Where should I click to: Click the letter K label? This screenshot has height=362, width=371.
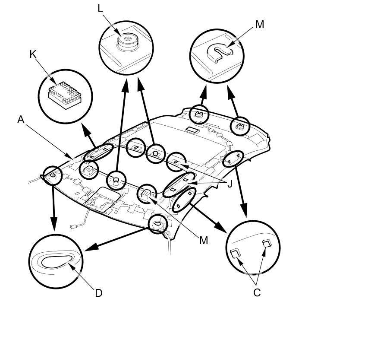point(33,54)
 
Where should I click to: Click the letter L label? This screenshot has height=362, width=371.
point(101,8)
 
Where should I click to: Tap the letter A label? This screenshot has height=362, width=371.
point(21,120)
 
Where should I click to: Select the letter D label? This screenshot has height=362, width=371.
point(98,293)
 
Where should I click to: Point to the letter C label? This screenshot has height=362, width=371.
point(257,293)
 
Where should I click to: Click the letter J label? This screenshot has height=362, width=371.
point(230,184)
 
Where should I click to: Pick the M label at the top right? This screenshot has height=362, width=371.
point(259,25)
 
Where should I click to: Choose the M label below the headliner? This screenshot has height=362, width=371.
point(204,240)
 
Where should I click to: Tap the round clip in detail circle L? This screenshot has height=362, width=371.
point(128,40)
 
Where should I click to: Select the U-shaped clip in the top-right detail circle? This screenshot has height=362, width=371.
point(220,51)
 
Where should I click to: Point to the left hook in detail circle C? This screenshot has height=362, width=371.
point(236,254)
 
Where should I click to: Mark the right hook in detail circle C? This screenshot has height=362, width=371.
point(267,244)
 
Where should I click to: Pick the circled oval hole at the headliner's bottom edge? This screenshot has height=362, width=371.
point(157,224)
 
